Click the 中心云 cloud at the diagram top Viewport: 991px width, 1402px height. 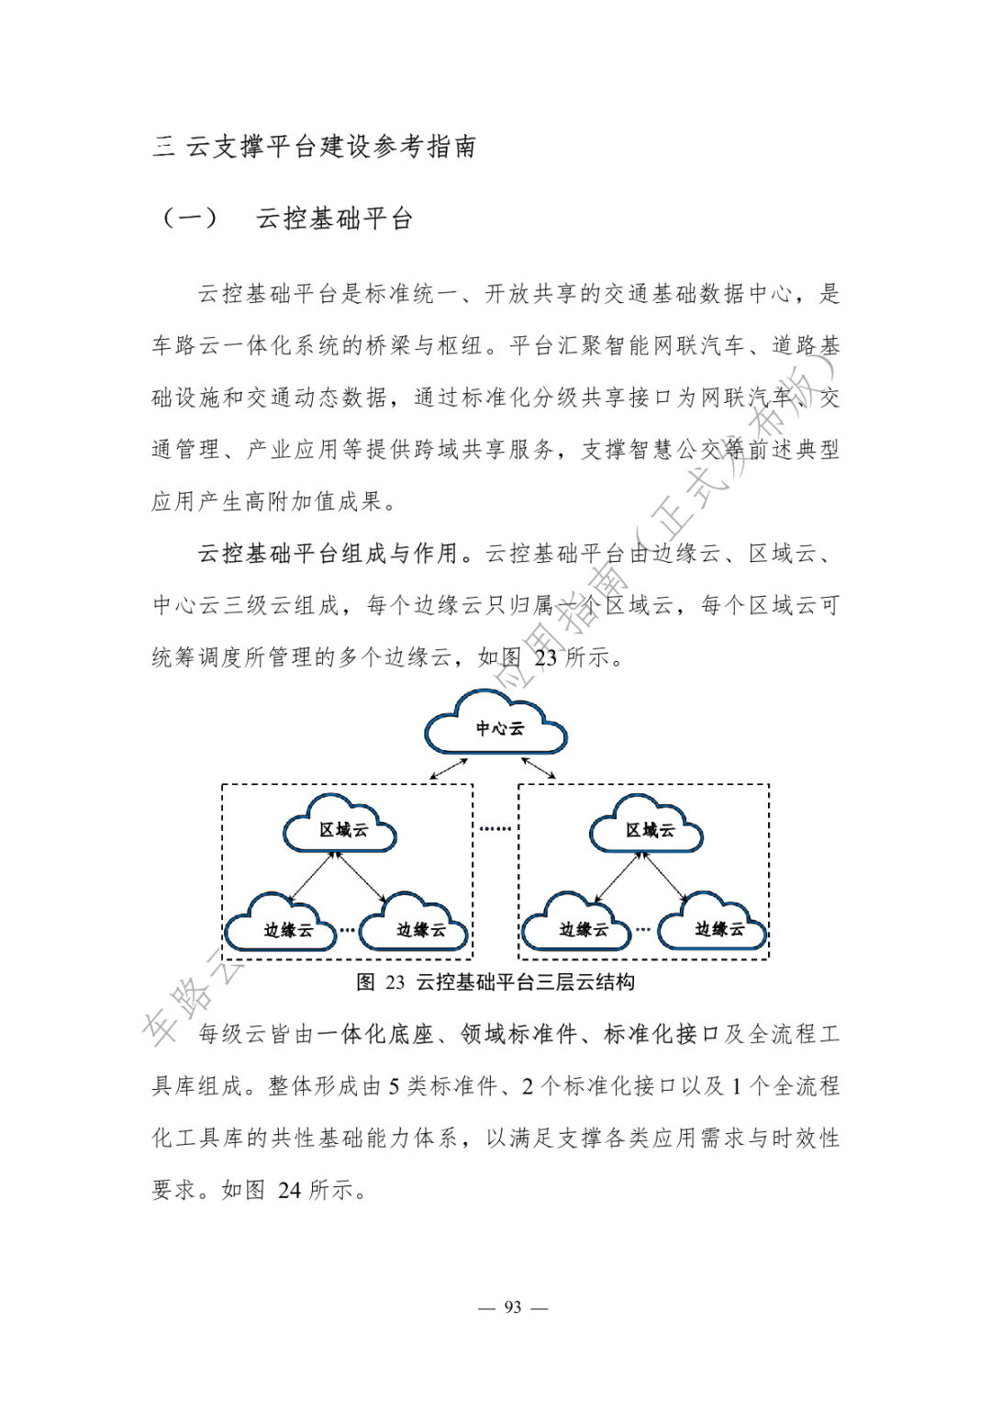click(x=496, y=728)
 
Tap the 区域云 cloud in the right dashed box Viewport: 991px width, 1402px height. click(x=648, y=829)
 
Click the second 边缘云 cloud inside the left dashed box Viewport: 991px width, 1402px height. click(x=418, y=929)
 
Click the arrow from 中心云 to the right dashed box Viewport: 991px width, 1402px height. click(x=539, y=768)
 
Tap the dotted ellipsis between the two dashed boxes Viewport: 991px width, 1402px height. click(x=495, y=829)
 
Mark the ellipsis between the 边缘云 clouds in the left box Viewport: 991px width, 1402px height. click(x=348, y=930)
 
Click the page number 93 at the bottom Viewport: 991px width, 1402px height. click(x=513, y=1307)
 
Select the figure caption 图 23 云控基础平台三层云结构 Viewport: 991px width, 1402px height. click(x=495, y=982)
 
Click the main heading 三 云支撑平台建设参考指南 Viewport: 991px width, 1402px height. click(x=315, y=147)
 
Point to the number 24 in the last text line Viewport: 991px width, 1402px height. click(x=289, y=1190)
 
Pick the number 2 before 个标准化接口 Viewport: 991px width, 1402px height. click(x=529, y=1086)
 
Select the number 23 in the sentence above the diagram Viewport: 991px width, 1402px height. click(x=545, y=657)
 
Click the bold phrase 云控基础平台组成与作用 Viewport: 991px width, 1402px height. click(x=328, y=553)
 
